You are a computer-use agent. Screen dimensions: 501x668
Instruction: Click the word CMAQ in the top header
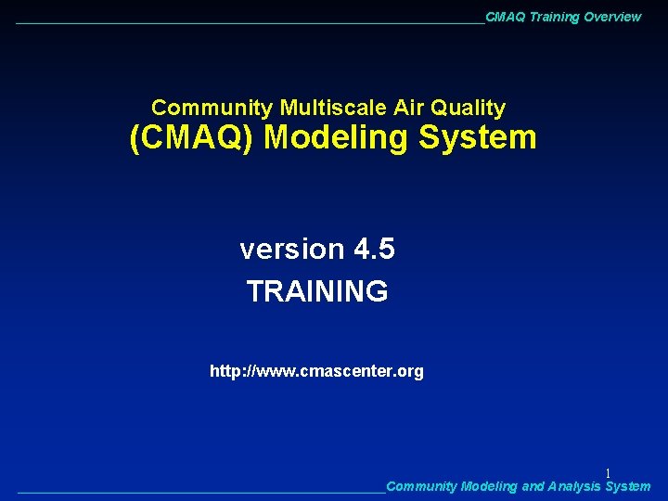tap(506, 17)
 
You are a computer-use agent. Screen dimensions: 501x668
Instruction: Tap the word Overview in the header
tap(612, 17)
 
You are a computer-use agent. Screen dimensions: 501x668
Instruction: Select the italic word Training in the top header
tap(555, 17)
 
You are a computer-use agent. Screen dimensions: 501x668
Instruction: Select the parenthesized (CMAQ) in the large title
tap(192, 138)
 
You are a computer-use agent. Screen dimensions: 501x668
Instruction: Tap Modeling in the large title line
tap(337, 138)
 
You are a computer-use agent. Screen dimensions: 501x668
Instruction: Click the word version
tap(291, 250)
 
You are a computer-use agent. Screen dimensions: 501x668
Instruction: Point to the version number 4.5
tap(374, 250)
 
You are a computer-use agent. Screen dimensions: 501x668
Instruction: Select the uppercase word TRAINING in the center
tap(317, 291)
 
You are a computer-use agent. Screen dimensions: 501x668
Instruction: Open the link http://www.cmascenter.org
tap(316, 371)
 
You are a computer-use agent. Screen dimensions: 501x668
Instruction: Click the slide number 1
tap(608, 473)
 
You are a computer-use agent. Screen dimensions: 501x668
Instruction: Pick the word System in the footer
tap(627, 486)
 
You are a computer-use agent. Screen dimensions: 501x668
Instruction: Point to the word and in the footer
tap(533, 486)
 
